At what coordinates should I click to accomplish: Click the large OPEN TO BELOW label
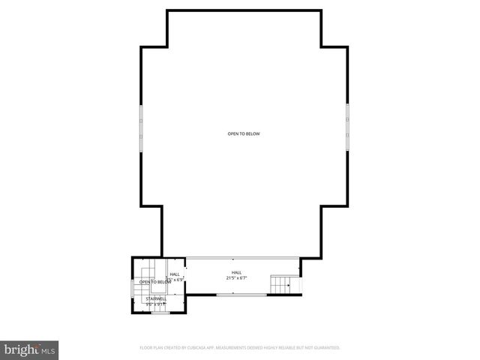(x=244, y=133)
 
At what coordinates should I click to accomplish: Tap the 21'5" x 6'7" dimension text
(x=236, y=277)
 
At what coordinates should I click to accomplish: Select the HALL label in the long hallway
(x=236, y=272)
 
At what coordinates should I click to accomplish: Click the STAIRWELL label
(x=156, y=298)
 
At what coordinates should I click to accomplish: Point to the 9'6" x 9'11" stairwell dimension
(x=156, y=304)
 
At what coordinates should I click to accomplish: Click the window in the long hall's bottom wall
(x=241, y=295)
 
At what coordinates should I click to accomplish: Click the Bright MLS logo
(x=30, y=349)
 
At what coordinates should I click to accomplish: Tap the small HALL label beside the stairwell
(x=175, y=274)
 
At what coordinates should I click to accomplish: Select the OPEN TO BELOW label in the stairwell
(x=154, y=282)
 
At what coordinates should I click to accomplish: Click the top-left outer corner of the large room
(x=166, y=10)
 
